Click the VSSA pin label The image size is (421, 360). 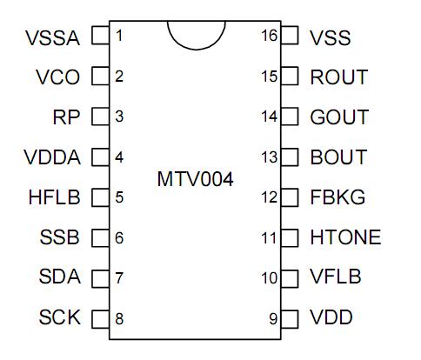53,37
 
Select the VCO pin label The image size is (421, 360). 58,77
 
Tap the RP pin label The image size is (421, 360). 67,117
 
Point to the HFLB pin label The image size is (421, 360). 54,197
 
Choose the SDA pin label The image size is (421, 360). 60,277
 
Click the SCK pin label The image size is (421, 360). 60,317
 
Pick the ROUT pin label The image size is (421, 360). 338,77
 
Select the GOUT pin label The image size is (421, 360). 339,117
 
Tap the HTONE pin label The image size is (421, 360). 345,237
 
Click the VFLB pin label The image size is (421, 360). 336,277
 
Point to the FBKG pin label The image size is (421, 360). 337,197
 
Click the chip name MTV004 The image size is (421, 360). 195,179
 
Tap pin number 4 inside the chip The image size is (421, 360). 119,157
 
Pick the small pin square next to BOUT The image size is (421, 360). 290,157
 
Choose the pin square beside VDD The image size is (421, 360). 290,317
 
